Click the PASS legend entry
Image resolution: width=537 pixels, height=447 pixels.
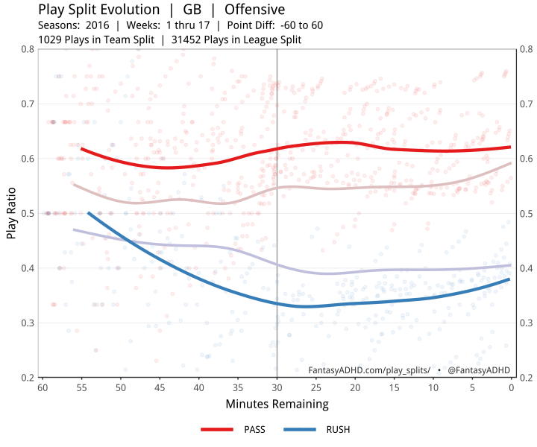pos(233,430)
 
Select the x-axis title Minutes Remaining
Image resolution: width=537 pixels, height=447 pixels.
pos(277,405)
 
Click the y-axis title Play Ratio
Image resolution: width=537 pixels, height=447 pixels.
pos(12,213)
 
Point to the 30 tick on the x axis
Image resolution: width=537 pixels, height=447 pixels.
pos(277,387)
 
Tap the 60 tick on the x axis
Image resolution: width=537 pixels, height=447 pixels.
pos(43,387)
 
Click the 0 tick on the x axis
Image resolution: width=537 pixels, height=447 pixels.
pos(511,387)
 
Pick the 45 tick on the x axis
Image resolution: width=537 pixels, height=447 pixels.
pos(160,387)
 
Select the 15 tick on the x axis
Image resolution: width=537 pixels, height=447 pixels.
pos(394,387)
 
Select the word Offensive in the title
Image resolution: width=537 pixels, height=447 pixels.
pos(254,10)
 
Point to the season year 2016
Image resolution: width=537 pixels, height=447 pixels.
pos(98,25)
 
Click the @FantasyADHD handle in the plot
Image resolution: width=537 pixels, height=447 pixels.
pos(479,370)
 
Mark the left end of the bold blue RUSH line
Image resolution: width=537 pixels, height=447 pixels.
pos(88,213)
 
